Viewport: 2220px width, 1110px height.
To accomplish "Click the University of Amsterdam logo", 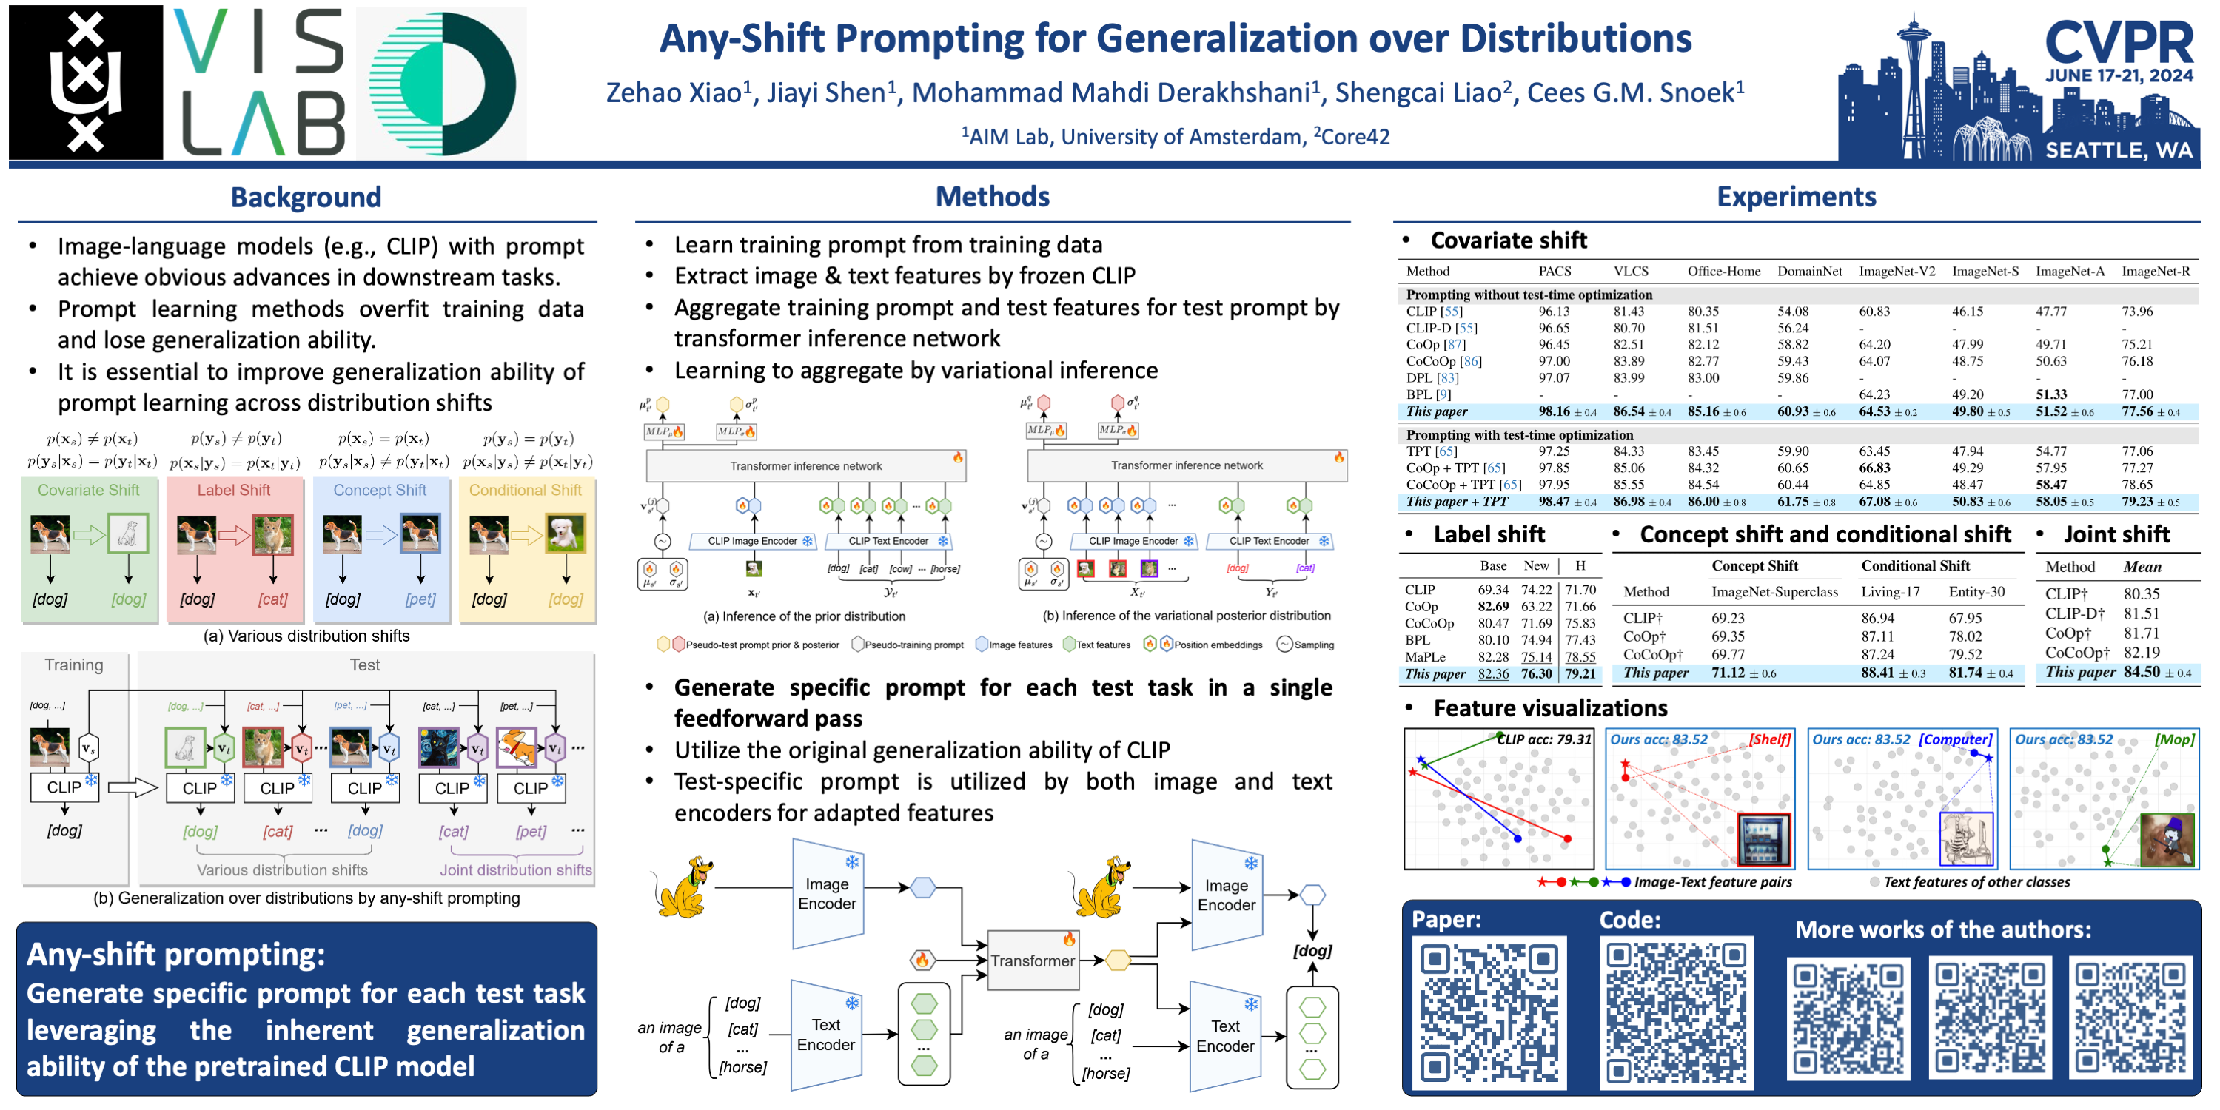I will click(x=85, y=82).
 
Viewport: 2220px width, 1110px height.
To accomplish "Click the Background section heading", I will click(x=306, y=198).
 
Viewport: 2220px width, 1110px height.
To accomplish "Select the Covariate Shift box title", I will click(x=89, y=489).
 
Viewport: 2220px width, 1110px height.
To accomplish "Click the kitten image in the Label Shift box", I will click(x=272, y=534).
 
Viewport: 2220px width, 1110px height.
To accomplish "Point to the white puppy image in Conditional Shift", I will click(x=566, y=534).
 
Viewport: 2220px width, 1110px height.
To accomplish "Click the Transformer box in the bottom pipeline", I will click(x=1032, y=960).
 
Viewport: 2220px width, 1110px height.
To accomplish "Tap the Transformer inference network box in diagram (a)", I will click(x=806, y=466).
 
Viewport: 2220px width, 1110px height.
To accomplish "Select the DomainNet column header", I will click(x=1809, y=272).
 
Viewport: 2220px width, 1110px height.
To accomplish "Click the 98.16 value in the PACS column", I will click(x=1554, y=412).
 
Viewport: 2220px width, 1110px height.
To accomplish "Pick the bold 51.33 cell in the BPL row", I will click(x=2051, y=394).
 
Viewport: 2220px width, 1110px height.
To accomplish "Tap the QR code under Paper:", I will click(x=1489, y=1014).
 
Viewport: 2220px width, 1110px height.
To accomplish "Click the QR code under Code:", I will click(x=1675, y=1014).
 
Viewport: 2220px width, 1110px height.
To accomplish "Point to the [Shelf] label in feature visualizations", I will click(x=1769, y=739).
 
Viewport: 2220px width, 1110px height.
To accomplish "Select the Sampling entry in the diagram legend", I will click(x=1307, y=645).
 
